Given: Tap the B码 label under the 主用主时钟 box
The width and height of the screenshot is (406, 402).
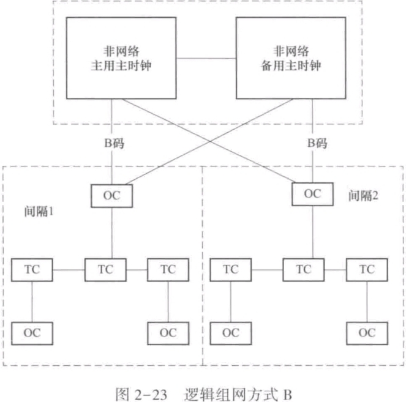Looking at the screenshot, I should [x=111, y=145].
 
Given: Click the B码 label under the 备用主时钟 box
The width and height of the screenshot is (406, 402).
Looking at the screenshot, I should [x=317, y=145].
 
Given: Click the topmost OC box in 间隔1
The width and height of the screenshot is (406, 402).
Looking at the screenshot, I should [x=111, y=195].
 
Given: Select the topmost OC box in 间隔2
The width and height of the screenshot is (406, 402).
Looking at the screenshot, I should [x=312, y=194].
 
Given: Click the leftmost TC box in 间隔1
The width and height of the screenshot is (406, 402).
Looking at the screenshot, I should [x=32, y=269].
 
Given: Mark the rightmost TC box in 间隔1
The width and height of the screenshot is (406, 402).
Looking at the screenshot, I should [x=168, y=269].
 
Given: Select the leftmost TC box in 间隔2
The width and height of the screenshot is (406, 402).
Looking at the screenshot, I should [x=230, y=269].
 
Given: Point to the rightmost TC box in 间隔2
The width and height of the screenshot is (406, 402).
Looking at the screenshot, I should [x=366, y=269].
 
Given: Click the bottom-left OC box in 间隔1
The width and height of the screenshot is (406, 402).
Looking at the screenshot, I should [x=32, y=332].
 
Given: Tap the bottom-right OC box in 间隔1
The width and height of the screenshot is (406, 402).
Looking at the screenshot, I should [x=168, y=332].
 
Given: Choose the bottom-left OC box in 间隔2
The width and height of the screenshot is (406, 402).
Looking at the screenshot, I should [x=230, y=332].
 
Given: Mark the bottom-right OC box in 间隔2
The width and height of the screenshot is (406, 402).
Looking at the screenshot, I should [x=366, y=332].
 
